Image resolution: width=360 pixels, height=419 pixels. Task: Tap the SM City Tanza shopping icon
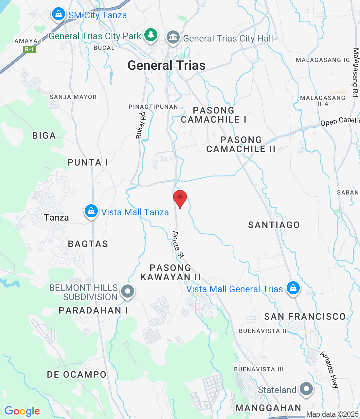click(x=58, y=14)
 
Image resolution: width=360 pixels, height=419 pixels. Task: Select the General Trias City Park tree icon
click(x=151, y=34)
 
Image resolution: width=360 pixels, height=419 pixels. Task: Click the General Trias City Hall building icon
click(x=173, y=37)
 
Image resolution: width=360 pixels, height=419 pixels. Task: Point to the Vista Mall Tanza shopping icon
click(x=91, y=211)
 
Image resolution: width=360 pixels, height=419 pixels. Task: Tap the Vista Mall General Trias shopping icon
click(x=293, y=288)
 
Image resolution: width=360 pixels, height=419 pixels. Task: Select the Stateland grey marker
click(x=306, y=389)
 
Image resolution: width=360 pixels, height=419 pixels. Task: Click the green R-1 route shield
click(x=29, y=49)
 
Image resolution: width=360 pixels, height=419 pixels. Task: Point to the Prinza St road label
click(x=178, y=245)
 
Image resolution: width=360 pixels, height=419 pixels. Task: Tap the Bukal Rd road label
click(x=141, y=126)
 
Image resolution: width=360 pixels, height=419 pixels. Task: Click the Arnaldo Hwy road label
click(x=329, y=370)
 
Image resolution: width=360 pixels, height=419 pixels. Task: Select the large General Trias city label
click(x=167, y=65)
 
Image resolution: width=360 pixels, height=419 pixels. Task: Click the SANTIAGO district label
click(x=274, y=225)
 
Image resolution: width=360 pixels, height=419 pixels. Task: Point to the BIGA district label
click(x=44, y=136)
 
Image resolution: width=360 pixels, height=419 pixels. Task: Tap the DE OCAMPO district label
click(x=77, y=374)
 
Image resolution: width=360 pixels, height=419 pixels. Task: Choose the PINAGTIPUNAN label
click(x=153, y=107)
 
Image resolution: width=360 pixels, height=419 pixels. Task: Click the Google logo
click(x=22, y=411)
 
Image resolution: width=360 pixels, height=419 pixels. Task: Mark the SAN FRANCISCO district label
click(x=305, y=317)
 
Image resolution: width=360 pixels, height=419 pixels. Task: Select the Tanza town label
click(x=56, y=217)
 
